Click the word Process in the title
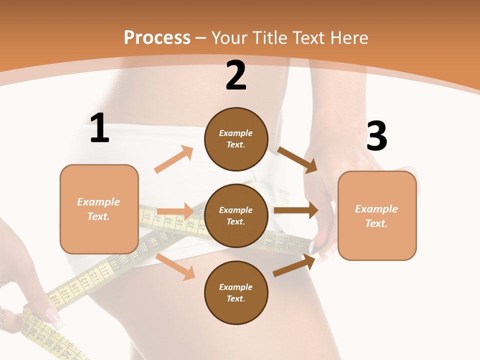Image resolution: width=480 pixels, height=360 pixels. click(157, 38)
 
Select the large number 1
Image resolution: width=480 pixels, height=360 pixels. click(99, 128)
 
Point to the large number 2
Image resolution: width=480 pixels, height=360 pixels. click(236, 76)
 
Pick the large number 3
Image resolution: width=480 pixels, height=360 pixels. click(376, 136)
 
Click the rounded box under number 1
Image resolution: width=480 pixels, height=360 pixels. click(99, 209)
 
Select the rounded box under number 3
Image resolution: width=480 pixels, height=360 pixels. click(377, 215)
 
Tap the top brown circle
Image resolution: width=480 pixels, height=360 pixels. click(236, 139)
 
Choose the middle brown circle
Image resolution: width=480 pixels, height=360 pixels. click(236, 216)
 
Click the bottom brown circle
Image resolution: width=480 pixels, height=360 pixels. click(236, 293)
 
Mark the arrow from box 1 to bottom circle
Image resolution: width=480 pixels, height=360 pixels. click(175, 266)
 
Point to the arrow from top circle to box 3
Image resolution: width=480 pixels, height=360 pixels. click(297, 159)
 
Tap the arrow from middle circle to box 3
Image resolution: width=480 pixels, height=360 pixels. click(296, 210)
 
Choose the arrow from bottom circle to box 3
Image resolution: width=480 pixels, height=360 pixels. click(295, 265)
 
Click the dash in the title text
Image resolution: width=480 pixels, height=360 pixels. click(201, 38)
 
